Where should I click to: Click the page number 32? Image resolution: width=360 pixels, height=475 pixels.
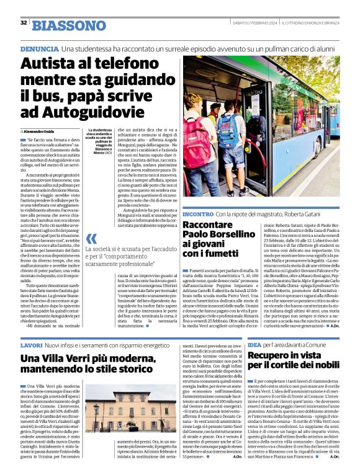(x=24, y=22)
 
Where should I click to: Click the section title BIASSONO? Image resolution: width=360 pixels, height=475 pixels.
(x=69, y=25)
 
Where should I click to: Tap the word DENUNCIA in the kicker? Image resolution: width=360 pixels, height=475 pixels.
(x=39, y=48)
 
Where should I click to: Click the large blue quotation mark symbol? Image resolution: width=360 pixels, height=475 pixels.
(x=91, y=238)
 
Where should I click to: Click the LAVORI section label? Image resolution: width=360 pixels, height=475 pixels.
(x=31, y=344)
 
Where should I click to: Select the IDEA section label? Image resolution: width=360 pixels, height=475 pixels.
(x=254, y=344)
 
